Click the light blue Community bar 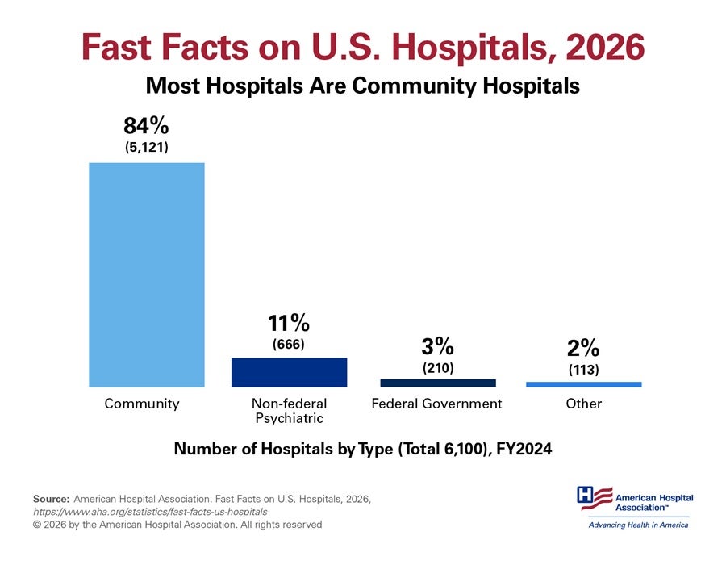tap(146, 274)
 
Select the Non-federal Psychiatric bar tap(289, 372)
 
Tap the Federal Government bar tap(438, 383)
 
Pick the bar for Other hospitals tap(583, 384)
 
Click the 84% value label tap(146, 127)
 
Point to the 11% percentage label tap(289, 324)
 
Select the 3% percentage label tap(438, 347)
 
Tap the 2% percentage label tap(583, 349)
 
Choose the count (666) tap(289, 345)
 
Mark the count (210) tap(438, 368)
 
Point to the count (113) tap(583, 370)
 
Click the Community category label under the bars tap(142, 404)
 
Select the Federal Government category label tap(436, 404)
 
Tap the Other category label tap(583, 404)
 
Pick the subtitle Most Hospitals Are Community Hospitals tap(363, 86)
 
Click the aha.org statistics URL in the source tap(150, 512)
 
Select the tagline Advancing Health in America tap(638, 525)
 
